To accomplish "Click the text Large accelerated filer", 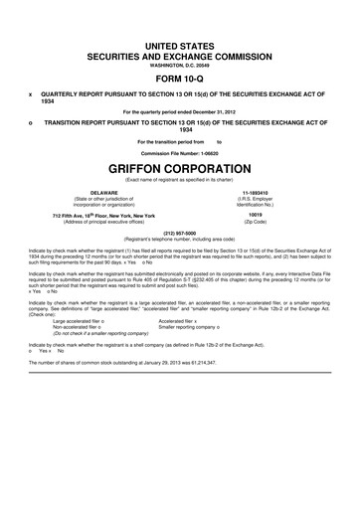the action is (x=83, y=321).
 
